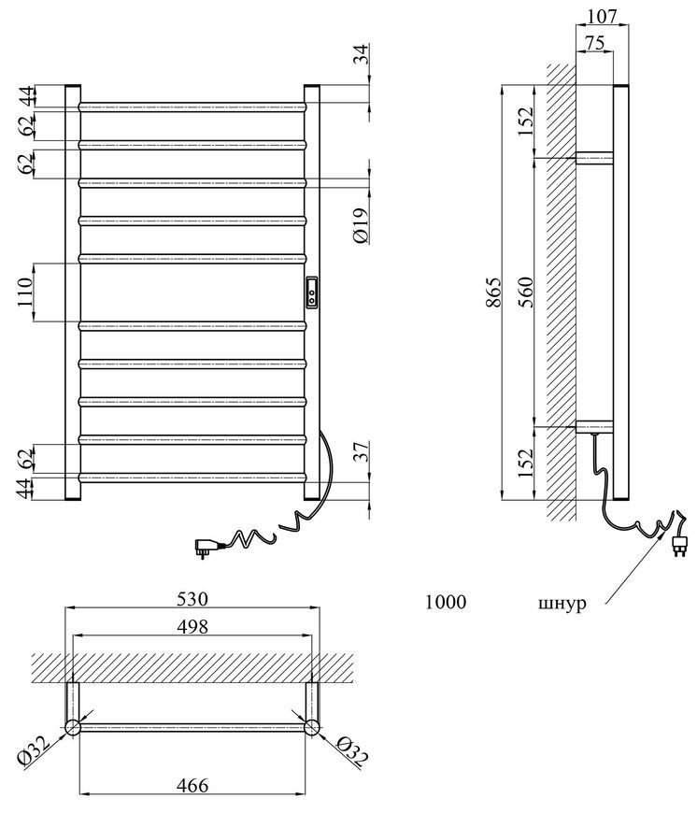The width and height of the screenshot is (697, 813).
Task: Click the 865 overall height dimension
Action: point(494,292)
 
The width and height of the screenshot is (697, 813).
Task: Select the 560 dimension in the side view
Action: point(526,292)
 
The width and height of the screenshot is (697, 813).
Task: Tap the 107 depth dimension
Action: point(603,16)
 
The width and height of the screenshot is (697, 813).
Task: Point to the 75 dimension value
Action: point(596,43)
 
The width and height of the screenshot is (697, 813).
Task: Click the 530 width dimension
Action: point(192,599)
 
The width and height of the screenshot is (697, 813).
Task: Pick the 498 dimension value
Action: point(192,627)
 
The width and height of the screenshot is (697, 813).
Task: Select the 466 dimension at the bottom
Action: point(192,786)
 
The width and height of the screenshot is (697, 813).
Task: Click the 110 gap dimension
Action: point(25,292)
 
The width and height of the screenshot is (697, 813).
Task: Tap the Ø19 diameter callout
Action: point(361,225)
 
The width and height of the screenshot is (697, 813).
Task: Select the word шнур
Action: point(562,604)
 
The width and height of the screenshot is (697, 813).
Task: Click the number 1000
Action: point(446,602)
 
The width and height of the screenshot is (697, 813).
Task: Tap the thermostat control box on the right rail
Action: point(312,292)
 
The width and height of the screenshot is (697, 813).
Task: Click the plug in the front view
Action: point(203,547)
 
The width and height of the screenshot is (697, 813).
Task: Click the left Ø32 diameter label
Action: point(35,750)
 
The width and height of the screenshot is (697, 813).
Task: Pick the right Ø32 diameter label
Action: point(352,750)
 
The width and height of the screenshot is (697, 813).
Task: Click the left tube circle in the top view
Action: point(72,727)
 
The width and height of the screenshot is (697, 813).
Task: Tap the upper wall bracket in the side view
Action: point(595,158)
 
